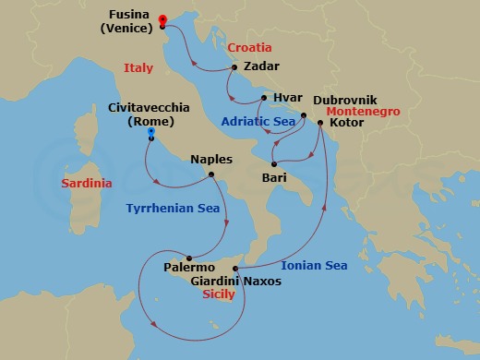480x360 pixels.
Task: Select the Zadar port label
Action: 261,66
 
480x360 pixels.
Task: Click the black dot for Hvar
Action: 263,98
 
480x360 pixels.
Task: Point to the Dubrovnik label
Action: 347,99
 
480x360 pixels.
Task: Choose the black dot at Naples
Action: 211,175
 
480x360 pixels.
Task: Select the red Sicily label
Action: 218,294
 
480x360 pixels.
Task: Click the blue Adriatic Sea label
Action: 258,121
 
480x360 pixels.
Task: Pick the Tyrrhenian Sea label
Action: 173,208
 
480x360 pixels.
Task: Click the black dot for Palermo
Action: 189,258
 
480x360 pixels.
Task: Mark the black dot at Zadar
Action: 235,67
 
